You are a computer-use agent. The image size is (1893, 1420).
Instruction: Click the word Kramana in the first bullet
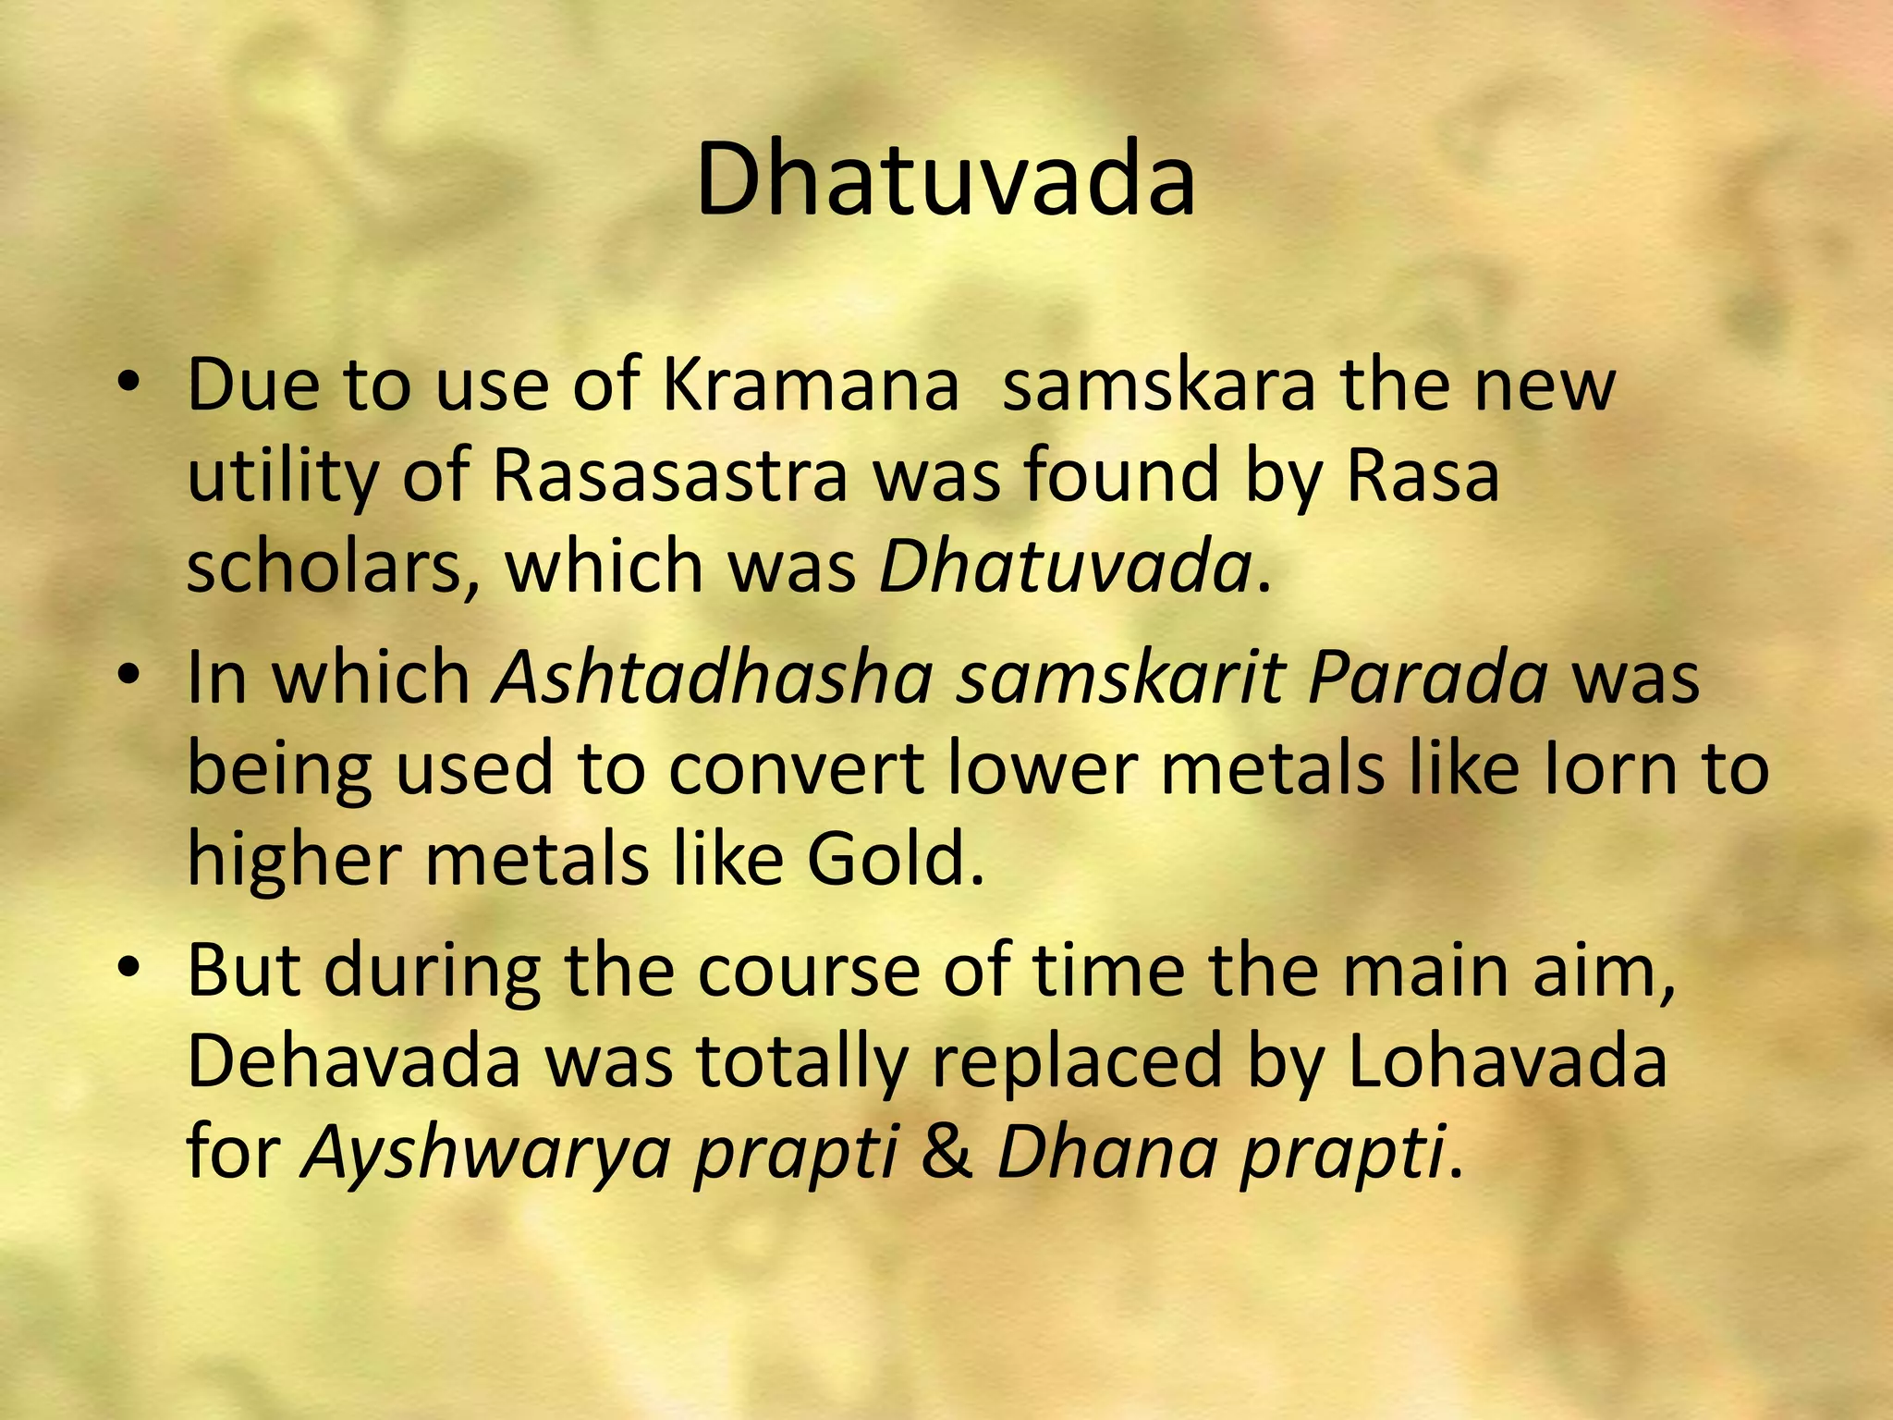(x=811, y=385)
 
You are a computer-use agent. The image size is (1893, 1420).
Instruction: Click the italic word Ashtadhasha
(x=714, y=678)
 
